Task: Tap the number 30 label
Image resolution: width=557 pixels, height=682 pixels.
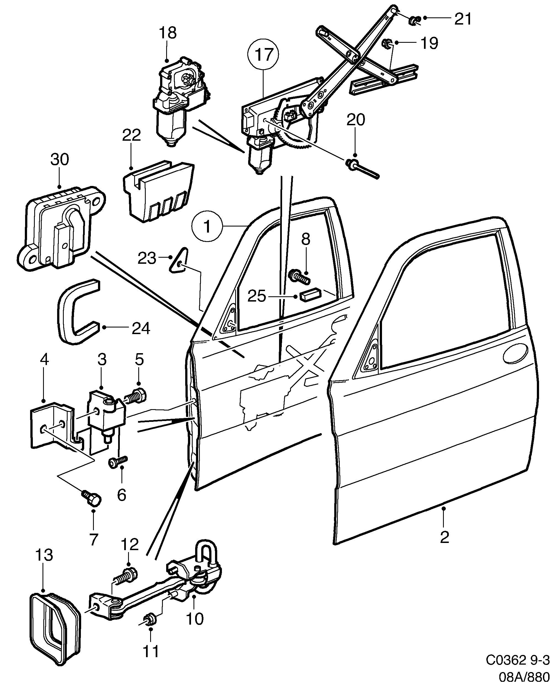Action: [59, 159]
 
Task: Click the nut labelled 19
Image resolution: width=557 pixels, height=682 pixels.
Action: [387, 43]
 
